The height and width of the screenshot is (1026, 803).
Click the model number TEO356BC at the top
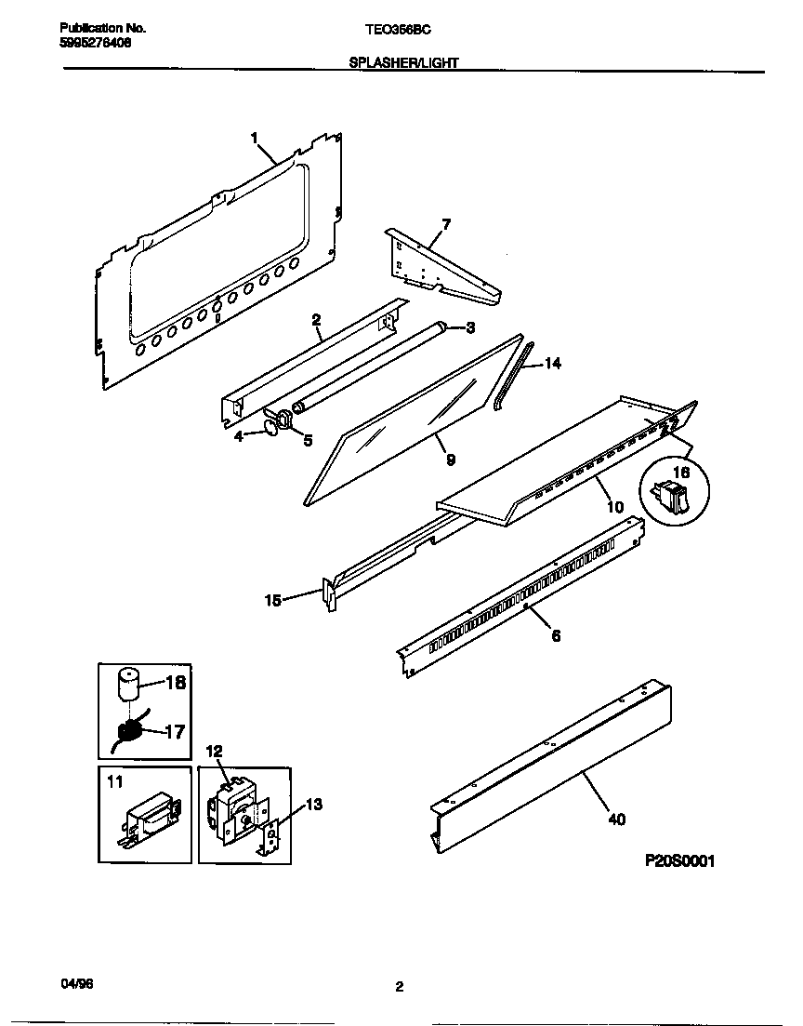click(x=398, y=30)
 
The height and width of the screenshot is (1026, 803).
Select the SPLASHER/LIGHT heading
click(x=403, y=63)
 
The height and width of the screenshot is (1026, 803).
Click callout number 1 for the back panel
click(x=254, y=138)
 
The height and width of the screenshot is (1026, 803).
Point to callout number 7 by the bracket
click(x=446, y=223)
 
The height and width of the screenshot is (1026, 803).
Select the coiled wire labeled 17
click(x=130, y=731)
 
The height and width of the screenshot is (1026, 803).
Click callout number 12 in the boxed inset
click(x=214, y=751)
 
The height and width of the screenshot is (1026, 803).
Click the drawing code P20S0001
click(x=679, y=861)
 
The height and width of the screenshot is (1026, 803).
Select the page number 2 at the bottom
click(x=400, y=988)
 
